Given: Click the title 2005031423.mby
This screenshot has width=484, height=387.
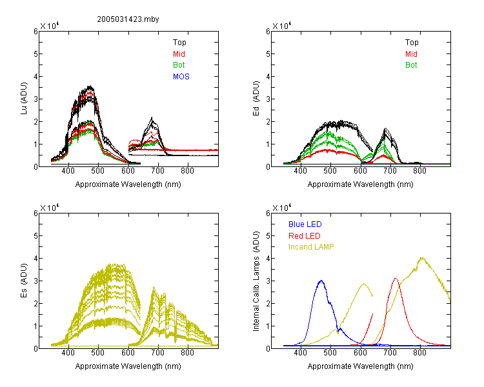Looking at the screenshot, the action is pyautogui.click(x=128, y=19).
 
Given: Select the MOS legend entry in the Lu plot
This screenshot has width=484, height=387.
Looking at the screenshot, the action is pyautogui.click(x=181, y=77).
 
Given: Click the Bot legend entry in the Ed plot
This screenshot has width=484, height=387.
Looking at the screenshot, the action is pyautogui.click(x=411, y=65).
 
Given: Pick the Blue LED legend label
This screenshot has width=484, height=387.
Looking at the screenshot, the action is pyautogui.click(x=305, y=224).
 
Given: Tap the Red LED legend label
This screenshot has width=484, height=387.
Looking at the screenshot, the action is pyautogui.click(x=305, y=236).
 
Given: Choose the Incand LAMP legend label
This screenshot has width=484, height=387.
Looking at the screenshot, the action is pyautogui.click(x=311, y=247).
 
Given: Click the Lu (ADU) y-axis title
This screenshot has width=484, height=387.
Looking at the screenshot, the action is pyautogui.click(x=24, y=99).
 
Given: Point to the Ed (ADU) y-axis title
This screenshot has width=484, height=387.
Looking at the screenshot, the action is pyautogui.click(x=256, y=99).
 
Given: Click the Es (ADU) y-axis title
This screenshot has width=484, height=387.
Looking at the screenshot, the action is pyautogui.click(x=24, y=280).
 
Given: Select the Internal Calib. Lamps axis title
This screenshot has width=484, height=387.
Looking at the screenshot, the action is pyautogui.click(x=256, y=281).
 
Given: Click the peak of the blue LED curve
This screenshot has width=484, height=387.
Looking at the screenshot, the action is pyautogui.click(x=321, y=281).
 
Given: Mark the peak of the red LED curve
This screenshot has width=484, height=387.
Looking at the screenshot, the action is pyautogui.click(x=396, y=279).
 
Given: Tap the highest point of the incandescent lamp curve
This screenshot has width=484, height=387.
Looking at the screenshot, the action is pyautogui.click(x=421, y=257).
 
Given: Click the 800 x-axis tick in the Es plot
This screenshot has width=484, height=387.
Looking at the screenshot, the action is pyautogui.click(x=187, y=353).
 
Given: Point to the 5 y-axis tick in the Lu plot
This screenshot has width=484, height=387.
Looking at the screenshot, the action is pyautogui.click(x=35, y=54).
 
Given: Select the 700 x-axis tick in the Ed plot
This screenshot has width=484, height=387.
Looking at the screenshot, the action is pyautogui.click(x=390, y=171).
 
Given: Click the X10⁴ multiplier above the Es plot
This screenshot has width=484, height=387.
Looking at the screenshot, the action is pyautogui.click(x=50, y=208).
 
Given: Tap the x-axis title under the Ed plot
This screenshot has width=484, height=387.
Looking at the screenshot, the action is pyautogui.click(x=361, y=184).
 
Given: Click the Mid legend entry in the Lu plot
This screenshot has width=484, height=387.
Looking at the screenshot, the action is pyautogui.click(x=179, y=54).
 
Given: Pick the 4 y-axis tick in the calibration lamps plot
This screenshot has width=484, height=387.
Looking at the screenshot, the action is pyautogui.click(x=268, y=258).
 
